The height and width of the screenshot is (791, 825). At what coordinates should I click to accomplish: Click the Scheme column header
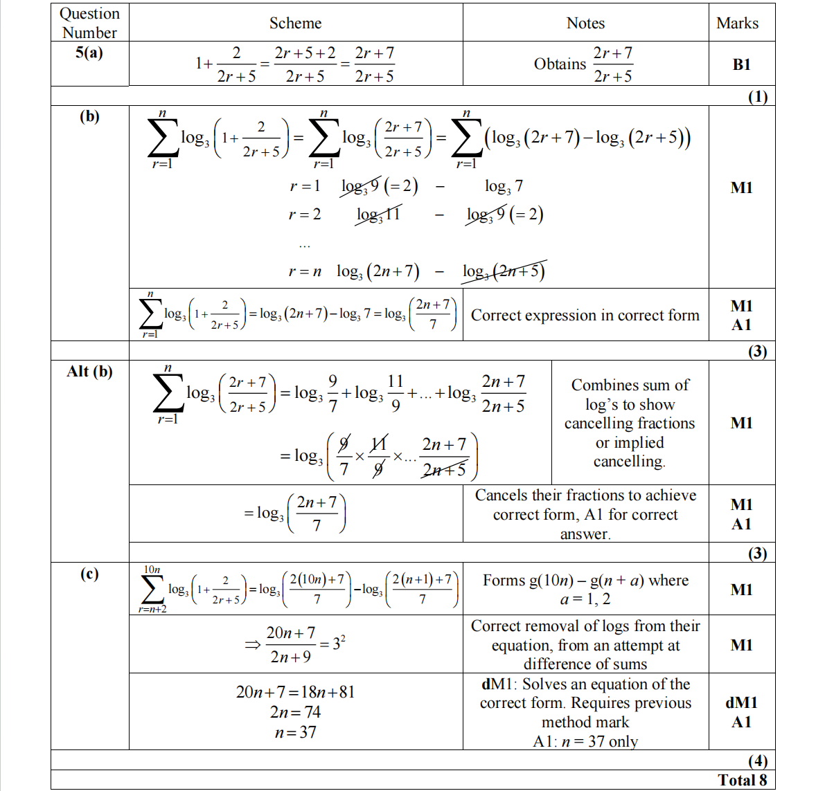(x=295, y=23)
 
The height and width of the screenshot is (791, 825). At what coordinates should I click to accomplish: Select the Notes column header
(x=585, y=23)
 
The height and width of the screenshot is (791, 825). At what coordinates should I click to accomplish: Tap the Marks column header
(x=737, y=23)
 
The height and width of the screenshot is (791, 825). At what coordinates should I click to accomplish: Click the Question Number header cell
(x=89, y=23)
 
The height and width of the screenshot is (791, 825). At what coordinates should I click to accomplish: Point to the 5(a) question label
(x=89, y=53)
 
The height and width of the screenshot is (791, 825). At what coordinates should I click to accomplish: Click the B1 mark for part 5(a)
(x=741, y=64)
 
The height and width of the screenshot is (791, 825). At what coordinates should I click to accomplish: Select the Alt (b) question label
(x=89, y=372)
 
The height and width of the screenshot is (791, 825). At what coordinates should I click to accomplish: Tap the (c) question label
(x=89, y=574)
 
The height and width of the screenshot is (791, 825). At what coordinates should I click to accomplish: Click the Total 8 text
(x=742, y=780)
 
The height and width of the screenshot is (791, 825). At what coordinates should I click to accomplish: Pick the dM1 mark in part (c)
(x=741, y=702)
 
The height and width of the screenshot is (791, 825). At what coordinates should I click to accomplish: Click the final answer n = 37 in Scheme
(x=295, y=732)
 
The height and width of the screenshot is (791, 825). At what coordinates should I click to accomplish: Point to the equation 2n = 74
(x=295, y=712)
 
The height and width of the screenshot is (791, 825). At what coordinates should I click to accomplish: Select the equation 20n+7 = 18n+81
(x=295, y=692)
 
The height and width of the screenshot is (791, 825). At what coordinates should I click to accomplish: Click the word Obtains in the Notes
(x=560, y=64)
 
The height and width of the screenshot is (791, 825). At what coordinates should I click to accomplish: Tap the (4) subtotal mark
(x=757, y=761)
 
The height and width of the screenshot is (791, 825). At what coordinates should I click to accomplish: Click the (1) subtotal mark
(x=757, y=96)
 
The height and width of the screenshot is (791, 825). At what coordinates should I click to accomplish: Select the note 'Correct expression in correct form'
(x=585, y=316)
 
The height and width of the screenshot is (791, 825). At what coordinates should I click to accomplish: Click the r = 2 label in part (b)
(x=305, y=215)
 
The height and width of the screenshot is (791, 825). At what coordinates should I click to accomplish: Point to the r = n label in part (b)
(x=305, y=271)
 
